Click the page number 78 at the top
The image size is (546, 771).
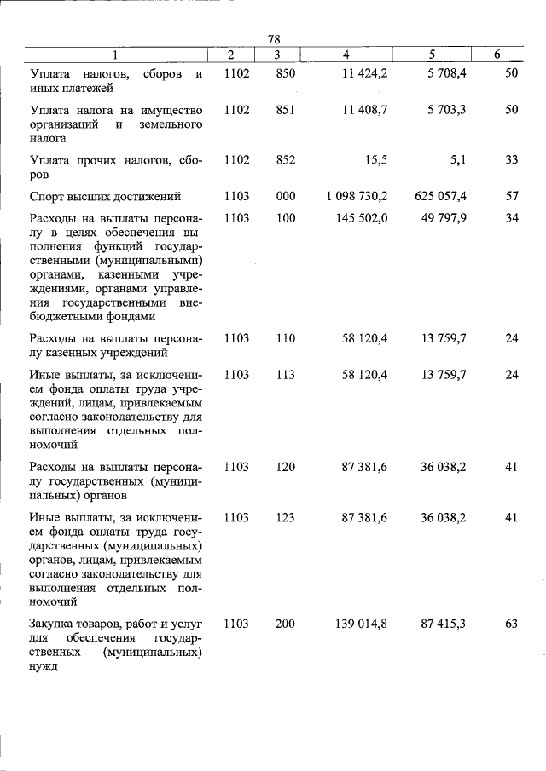[274, 39]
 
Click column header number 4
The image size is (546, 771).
[346, 55]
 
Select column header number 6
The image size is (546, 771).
[497, 55]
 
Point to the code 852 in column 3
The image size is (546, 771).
[285, 159]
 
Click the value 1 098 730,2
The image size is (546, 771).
[357, 196]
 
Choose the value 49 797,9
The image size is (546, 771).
[444, 218]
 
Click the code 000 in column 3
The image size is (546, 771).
[285, 196]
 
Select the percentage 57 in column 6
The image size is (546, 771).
[511, 196]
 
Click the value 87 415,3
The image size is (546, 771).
[444, 624]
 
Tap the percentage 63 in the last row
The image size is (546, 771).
[511, 624]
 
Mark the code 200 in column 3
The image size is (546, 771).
[285, 624]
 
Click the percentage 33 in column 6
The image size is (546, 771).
[511, 159]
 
